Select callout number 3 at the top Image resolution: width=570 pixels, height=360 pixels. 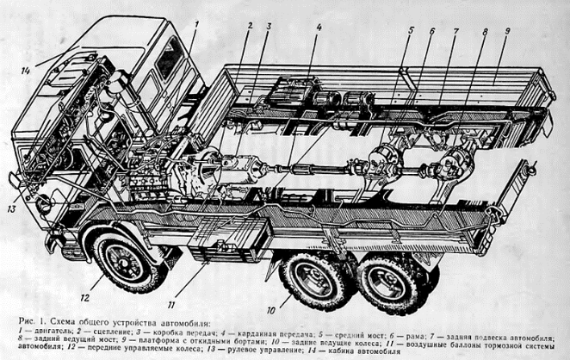tap(268, 25)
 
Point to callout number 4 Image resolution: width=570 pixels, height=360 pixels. tap(318, 27)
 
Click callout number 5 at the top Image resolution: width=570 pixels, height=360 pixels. tap(412, 31)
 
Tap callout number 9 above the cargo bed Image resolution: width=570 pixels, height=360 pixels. tap(508, 32)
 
